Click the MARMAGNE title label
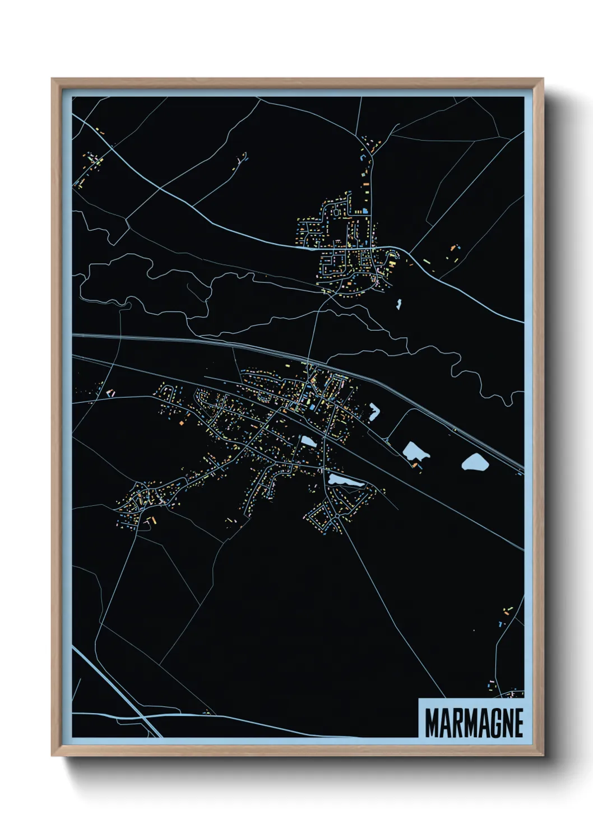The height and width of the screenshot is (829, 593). [474, 723]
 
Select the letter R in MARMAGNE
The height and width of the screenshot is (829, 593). [449, 723]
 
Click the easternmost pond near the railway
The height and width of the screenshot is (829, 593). [475, 462]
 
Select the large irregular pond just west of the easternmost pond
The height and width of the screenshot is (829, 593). [415, 451]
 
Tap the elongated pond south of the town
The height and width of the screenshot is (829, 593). [345, 479]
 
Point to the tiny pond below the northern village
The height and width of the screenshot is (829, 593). [399, 304]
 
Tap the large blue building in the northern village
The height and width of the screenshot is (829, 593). [365, 211]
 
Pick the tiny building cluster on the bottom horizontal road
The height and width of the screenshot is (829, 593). [207, 712]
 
